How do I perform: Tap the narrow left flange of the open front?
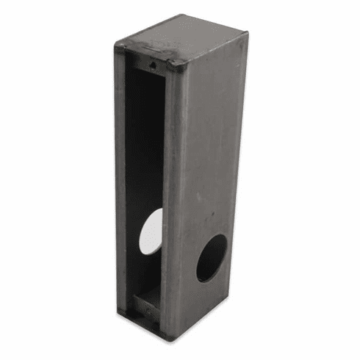[120, 184]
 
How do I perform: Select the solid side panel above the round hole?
[209, 147]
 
